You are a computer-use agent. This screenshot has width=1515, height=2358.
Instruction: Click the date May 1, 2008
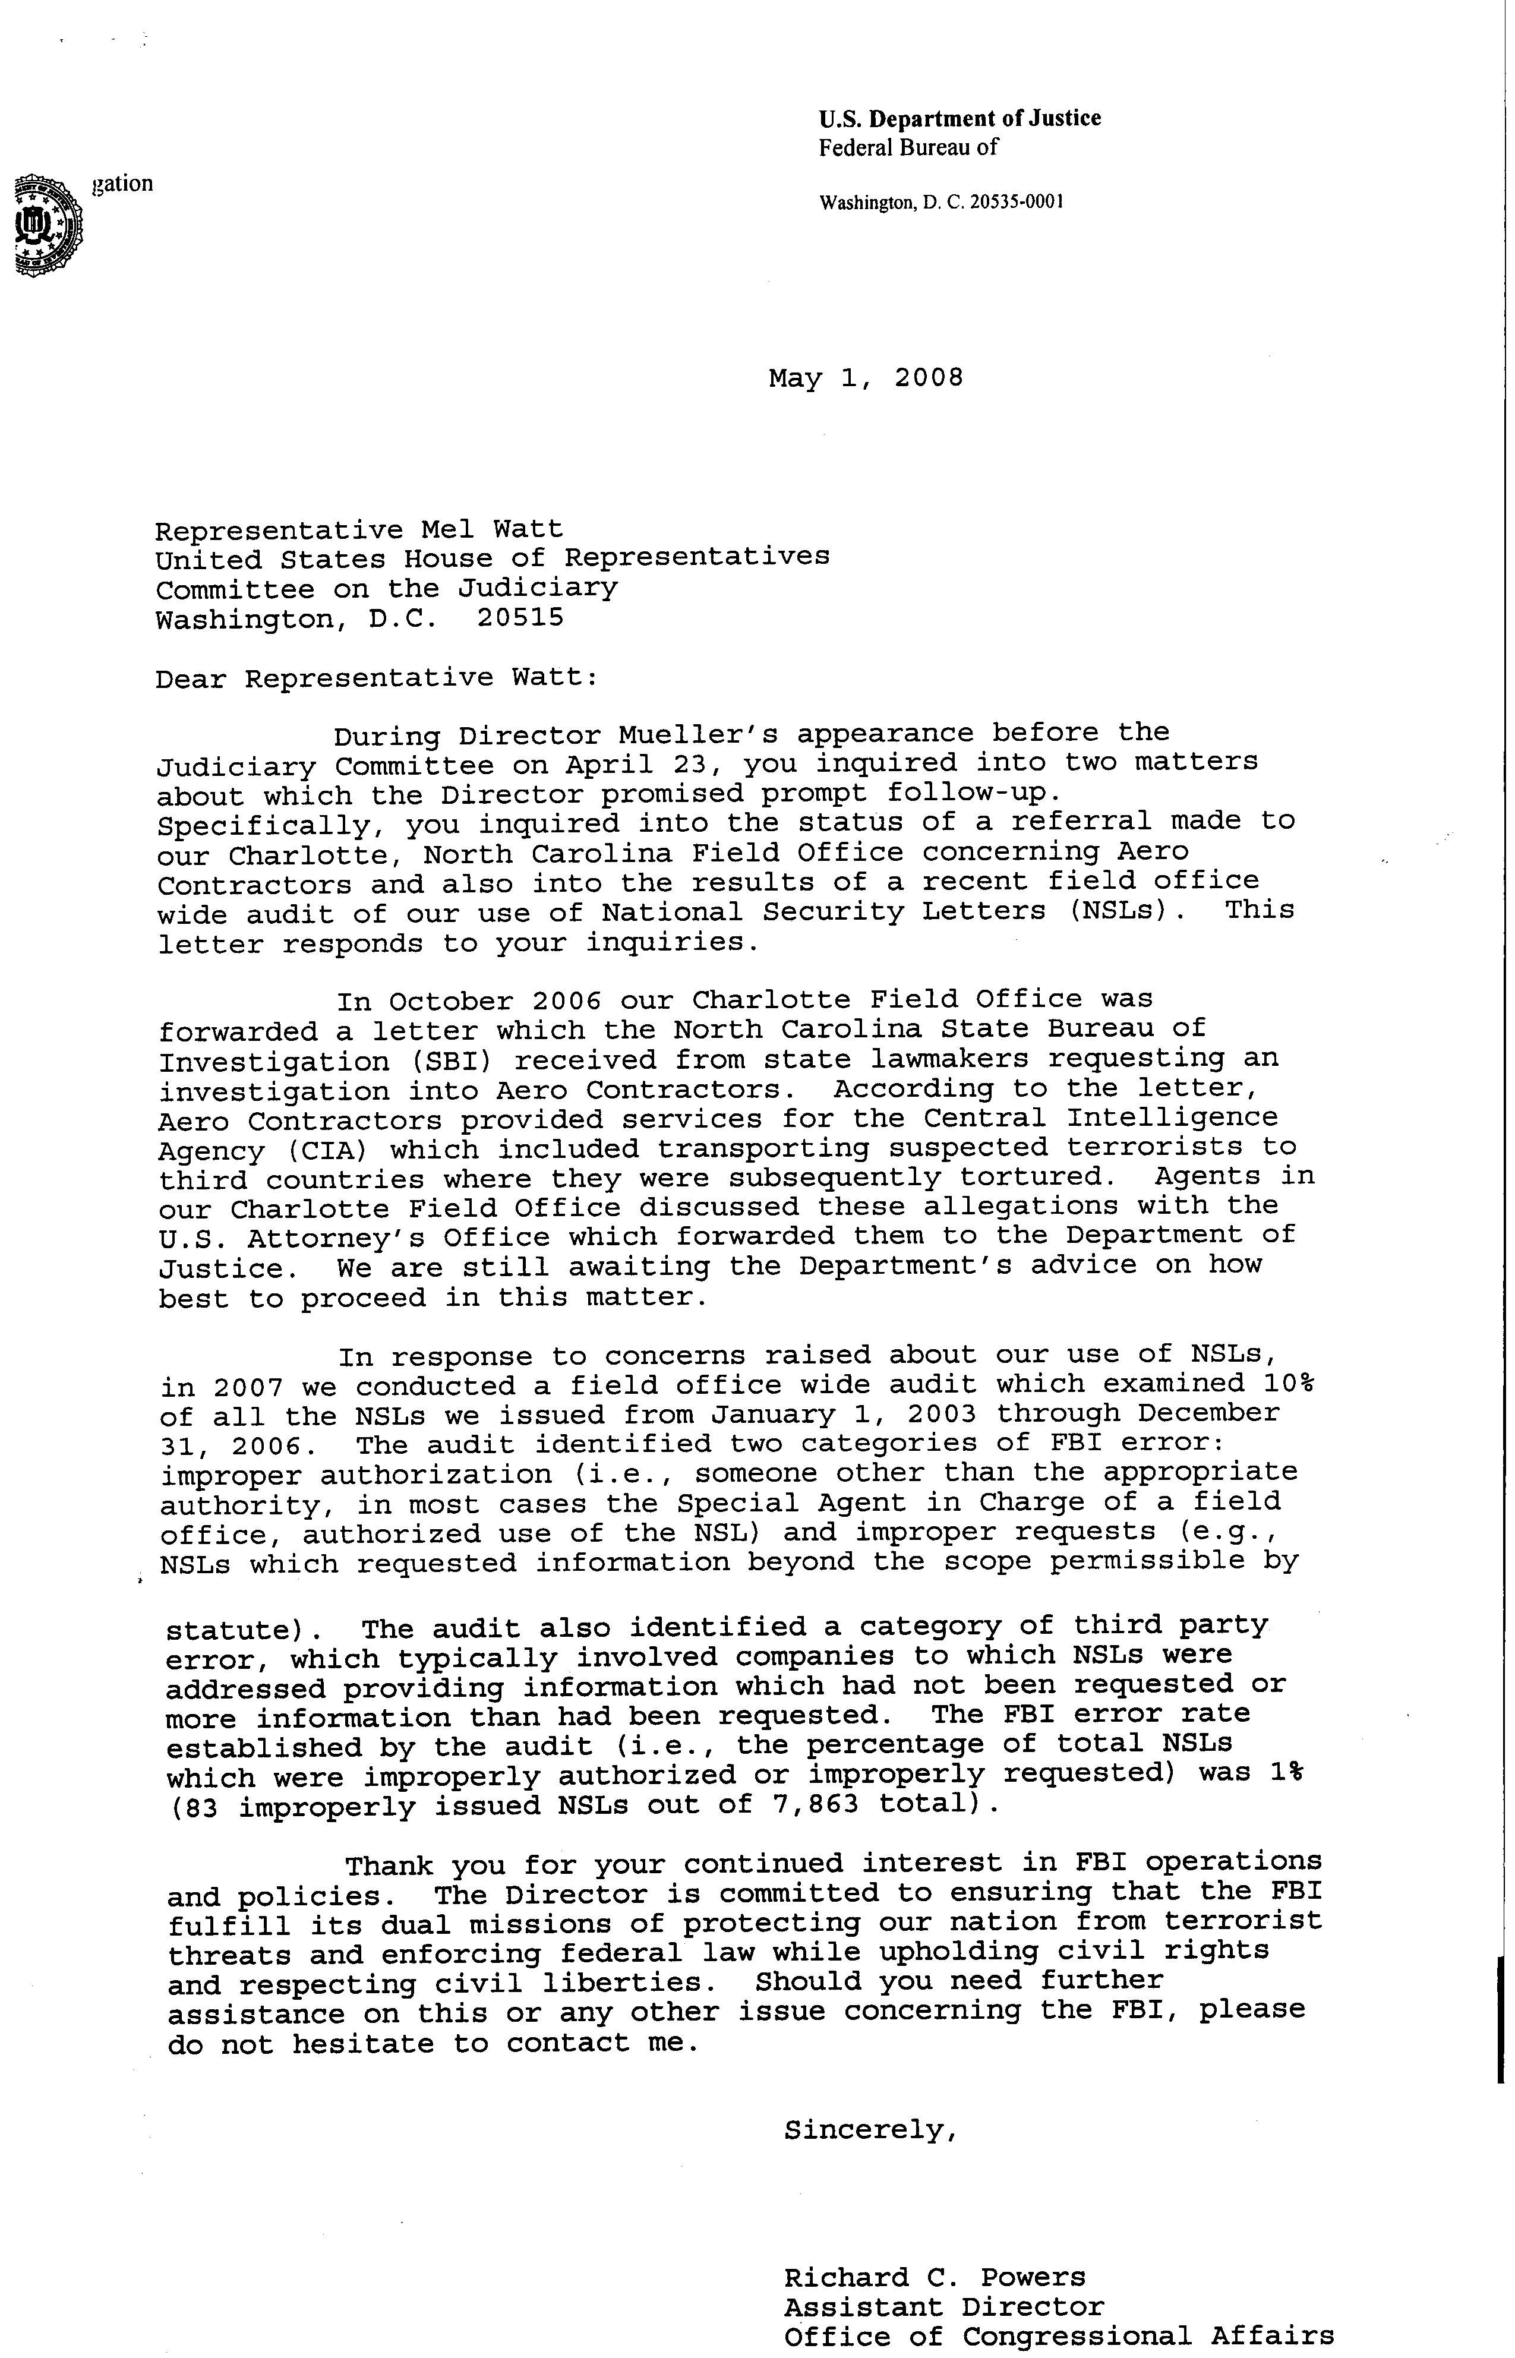coord(866,378)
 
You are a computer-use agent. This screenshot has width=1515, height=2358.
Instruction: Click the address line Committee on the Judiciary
coord(387,589)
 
